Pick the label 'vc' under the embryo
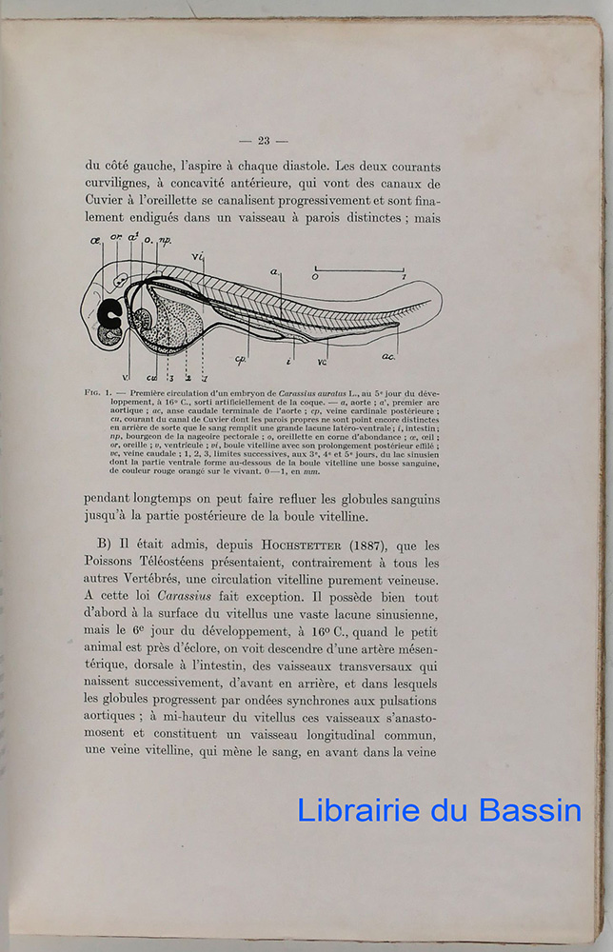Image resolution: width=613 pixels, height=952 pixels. click(x=323, y=361)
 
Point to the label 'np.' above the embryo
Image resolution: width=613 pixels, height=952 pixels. click(x=163, y=244)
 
